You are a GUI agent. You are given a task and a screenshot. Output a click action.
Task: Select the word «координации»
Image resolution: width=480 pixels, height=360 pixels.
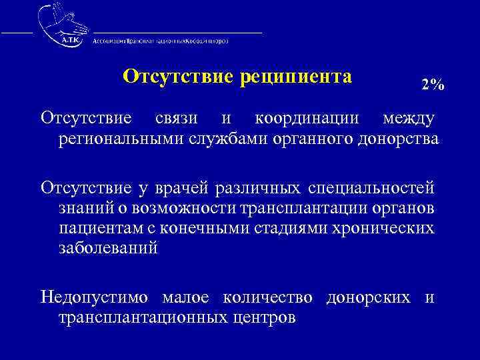[308, 119]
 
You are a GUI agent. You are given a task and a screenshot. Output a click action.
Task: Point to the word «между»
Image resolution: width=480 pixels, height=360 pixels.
[408, 119]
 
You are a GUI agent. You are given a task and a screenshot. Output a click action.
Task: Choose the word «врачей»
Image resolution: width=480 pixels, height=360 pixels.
[185, 189]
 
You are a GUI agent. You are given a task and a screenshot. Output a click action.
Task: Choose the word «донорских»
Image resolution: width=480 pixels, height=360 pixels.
[368, 297]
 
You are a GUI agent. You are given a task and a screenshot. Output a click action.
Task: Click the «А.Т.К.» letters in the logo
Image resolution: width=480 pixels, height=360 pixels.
[69, 39]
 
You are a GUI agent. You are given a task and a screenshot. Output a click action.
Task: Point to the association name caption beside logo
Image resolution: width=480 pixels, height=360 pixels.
[160, 40]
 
